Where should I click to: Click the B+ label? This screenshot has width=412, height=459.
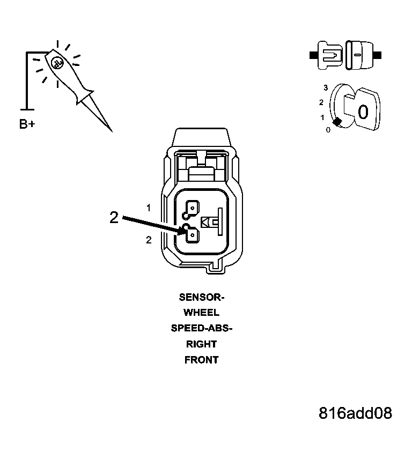(27, 124)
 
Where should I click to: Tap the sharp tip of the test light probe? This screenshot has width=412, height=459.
(112, 132)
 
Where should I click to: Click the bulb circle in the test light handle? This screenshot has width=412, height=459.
(57, 63)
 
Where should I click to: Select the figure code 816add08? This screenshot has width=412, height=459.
(355, 413)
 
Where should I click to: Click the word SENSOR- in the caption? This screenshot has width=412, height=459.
(202, 297)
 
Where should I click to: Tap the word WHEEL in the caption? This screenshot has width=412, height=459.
(202, 313)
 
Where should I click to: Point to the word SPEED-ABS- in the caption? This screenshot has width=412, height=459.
(202, 328)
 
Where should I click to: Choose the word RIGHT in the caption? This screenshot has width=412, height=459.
(202, 344)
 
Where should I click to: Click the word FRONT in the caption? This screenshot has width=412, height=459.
(202, 360)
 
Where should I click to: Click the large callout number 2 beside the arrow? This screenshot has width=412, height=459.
(114, 218)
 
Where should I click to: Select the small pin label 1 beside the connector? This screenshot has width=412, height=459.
(149, 208)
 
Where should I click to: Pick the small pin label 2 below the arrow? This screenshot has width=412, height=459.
(149, 240)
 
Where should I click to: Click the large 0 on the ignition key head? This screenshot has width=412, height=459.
(363, 112)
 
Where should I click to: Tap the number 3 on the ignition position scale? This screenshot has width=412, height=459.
(326, 87)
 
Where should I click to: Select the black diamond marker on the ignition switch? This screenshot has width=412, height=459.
(337, 122)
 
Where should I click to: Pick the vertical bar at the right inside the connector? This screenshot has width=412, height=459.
(220, 221)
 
